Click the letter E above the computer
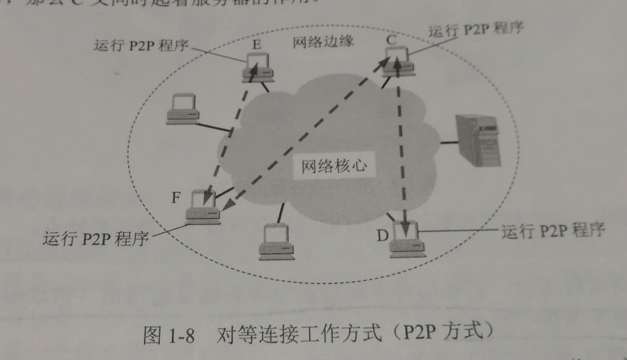[257, 45]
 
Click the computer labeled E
[258, 68]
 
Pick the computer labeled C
[399, 59]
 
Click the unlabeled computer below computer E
[182, 109]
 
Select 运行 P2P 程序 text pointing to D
[552, 231]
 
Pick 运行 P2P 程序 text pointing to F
[96, 239]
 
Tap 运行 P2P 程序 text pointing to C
[475, 30]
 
